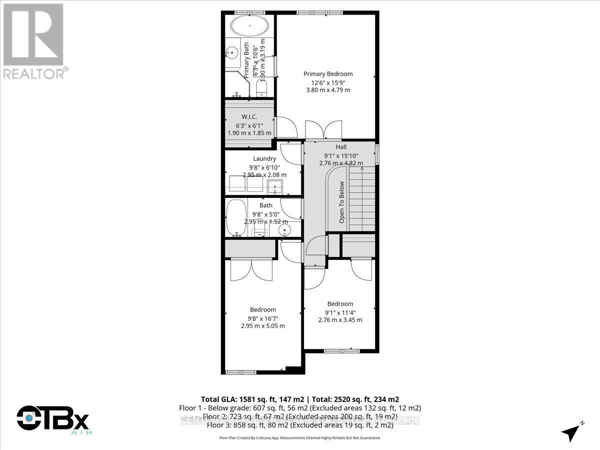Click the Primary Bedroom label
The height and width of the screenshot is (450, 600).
[x=328, y=74]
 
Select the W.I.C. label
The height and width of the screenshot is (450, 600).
[x=249, y=117]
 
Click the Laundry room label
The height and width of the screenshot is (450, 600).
[x=264, y=158]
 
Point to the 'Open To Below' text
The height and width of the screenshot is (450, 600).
[x=342, y=202]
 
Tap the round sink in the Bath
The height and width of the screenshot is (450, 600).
[x=285, y=230]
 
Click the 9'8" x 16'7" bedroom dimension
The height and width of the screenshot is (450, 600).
[x=262, y=318]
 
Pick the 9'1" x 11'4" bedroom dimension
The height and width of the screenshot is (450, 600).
[x=340, y=312]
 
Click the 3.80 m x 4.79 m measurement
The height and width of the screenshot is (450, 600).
[x=328, y=90]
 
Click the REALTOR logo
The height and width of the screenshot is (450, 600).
[x=34, y=40]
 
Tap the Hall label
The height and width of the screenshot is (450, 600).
[x=341, y=147]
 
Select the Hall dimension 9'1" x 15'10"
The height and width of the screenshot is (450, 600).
[x=341, y=155]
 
